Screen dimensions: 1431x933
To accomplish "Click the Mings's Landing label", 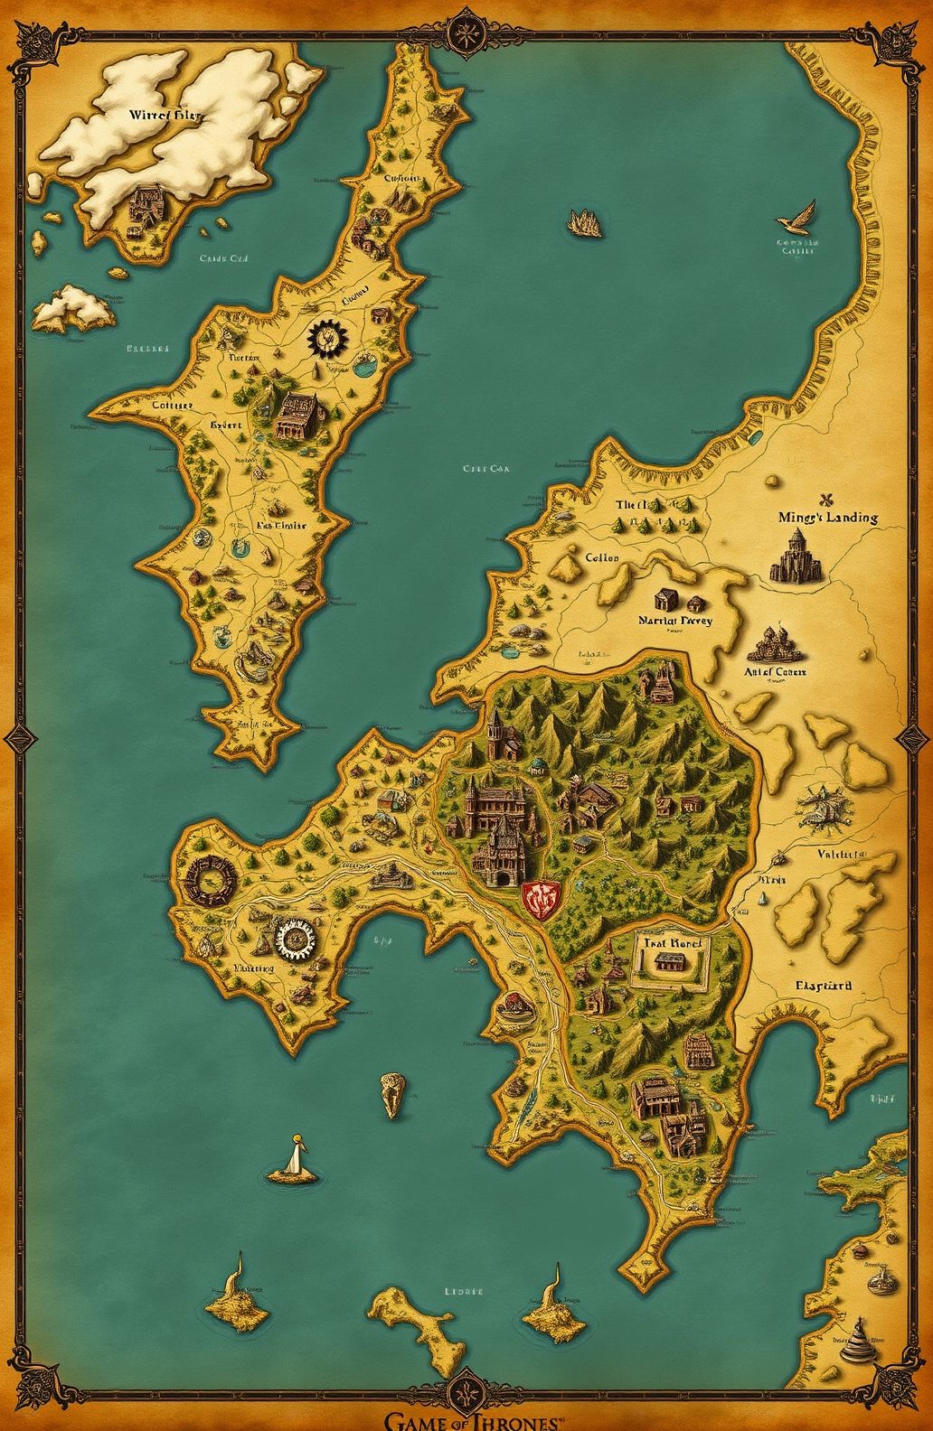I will (827, 518).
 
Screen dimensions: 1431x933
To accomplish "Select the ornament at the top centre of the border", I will (466, 30).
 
